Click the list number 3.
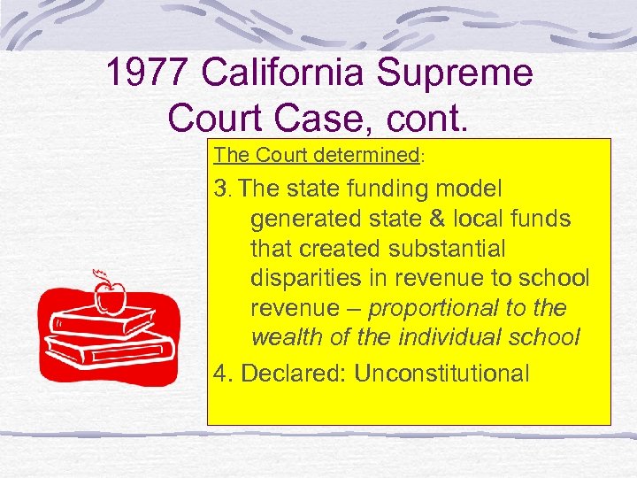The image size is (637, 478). (x=221, y=189)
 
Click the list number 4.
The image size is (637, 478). (x=222, y=373)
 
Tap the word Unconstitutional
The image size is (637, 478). (x=441, y=373)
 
